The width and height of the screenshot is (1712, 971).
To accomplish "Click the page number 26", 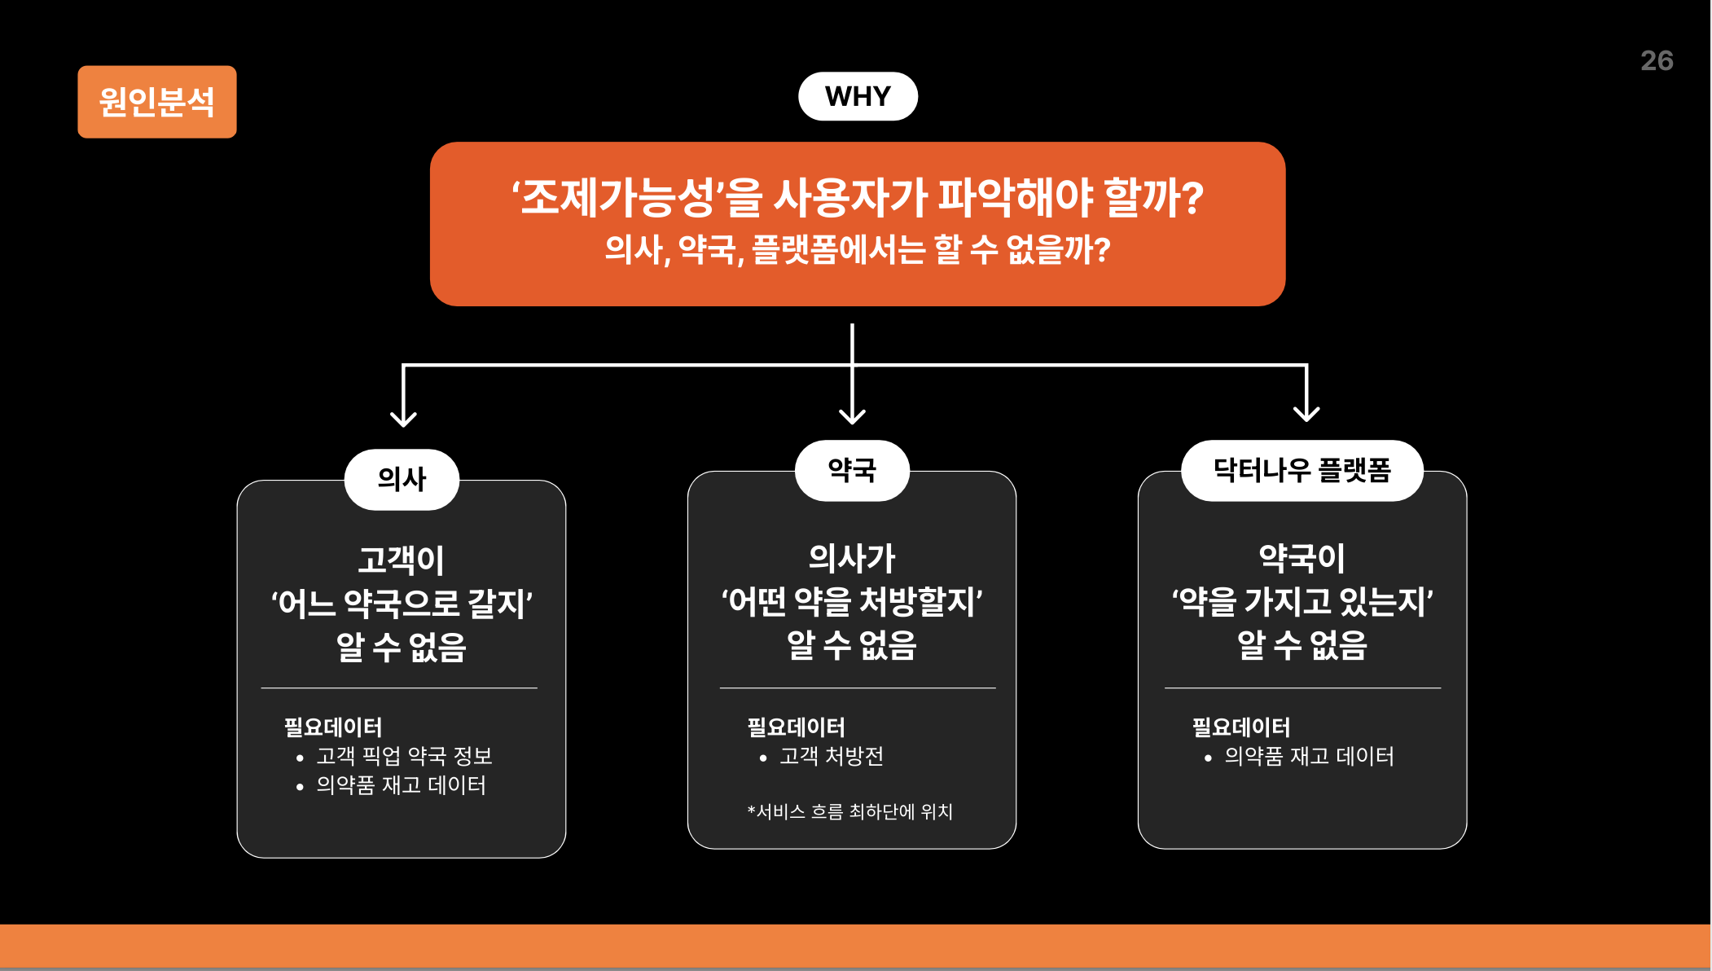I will (x=1656, y=61).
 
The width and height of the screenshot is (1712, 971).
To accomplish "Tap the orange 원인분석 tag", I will (x=157, y=102).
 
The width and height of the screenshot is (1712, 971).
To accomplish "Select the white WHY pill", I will (x=858, y=96).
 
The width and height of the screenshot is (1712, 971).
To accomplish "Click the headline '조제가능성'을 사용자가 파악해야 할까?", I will (x=858, y=197).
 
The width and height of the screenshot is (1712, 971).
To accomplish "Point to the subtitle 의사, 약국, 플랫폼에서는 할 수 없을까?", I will (x=858, y=249).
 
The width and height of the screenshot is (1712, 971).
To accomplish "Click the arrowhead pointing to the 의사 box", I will (x=403, y=418).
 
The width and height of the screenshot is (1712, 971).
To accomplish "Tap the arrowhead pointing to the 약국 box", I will (x=852, y=415).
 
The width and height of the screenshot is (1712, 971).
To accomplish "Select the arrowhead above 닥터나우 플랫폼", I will (x=1306, y=413).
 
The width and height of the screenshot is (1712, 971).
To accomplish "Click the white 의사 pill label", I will (x=402, y=479).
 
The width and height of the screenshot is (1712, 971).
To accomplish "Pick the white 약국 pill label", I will (x=852, y=470).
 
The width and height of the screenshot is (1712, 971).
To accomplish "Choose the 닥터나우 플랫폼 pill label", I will (x=1302, y=470).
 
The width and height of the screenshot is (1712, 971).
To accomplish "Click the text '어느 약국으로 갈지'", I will (x=402, y=604).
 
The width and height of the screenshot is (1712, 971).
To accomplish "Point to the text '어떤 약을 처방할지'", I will (x=852, y=602).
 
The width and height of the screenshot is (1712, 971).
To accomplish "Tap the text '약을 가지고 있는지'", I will (x=1302, y=602).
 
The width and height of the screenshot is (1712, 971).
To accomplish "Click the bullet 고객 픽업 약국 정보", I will (x=404, y=756).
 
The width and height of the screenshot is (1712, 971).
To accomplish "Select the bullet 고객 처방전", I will (x=831, y=756).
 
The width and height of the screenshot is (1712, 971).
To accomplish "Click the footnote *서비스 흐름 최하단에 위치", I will (x=849, y=811).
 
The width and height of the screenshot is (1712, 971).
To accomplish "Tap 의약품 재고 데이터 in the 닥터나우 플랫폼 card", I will (x=1309, y=756).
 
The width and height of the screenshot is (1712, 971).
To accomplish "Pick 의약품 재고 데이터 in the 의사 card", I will (x=401, y=785).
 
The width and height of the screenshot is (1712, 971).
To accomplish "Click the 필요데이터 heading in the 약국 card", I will (x=796, y=727).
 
